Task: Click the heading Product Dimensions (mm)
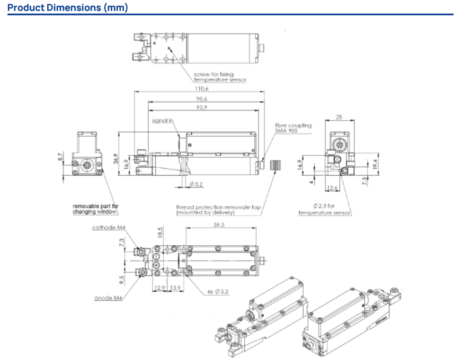(68, 8)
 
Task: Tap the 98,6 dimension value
(202, 99)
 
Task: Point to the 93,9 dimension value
(202, 108)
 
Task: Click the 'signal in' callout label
(162, 121)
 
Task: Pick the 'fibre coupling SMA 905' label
(294, 128)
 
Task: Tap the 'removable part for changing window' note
(96, 209)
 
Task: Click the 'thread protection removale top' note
(218, 210)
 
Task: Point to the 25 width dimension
(338, 117)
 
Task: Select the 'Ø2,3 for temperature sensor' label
(324, 209)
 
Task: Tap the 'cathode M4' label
(108, 228)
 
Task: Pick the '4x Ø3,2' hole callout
(218, 292)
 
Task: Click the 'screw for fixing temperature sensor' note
(220, 77)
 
